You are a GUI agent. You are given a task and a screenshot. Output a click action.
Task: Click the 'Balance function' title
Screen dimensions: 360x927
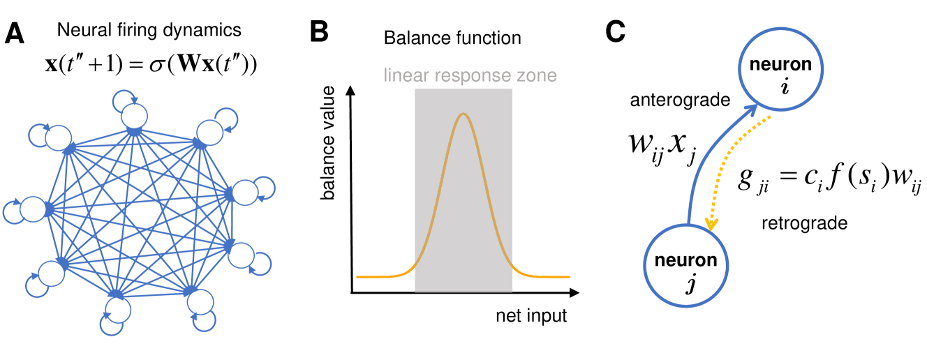click(452, 38)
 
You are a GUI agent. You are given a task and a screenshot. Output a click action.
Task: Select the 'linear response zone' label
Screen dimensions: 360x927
click(470, 75)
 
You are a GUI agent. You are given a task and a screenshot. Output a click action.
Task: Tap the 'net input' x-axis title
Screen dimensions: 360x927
click(531, 316)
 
